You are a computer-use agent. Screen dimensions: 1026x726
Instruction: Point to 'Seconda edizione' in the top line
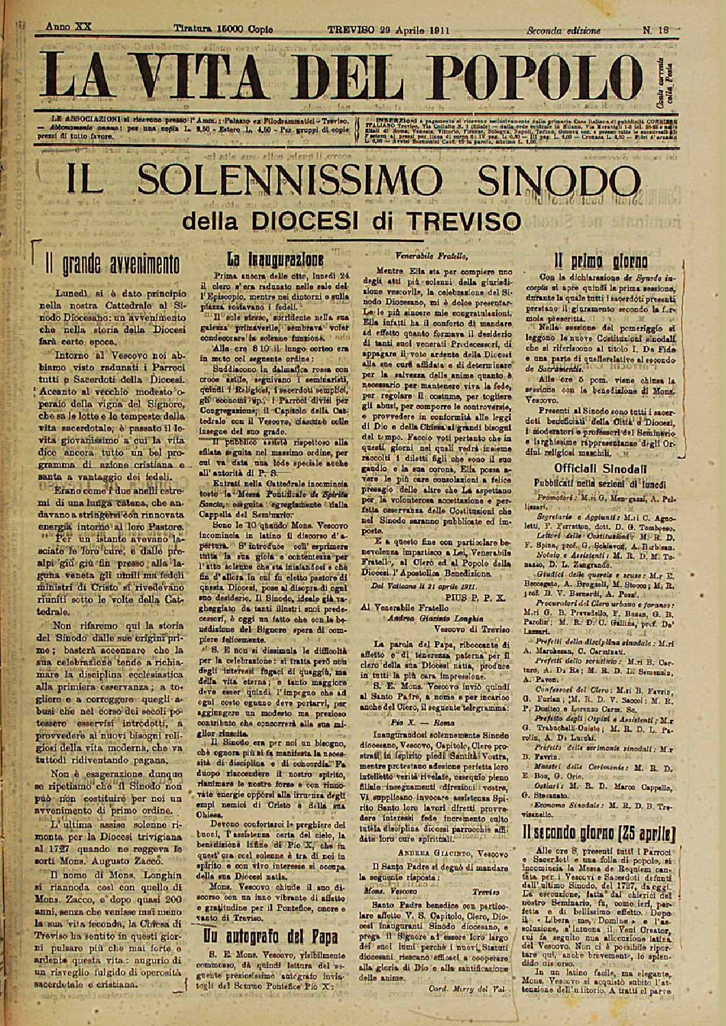[x=564, y=30]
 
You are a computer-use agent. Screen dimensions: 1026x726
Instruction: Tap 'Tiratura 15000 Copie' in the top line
[x=224, y=29]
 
